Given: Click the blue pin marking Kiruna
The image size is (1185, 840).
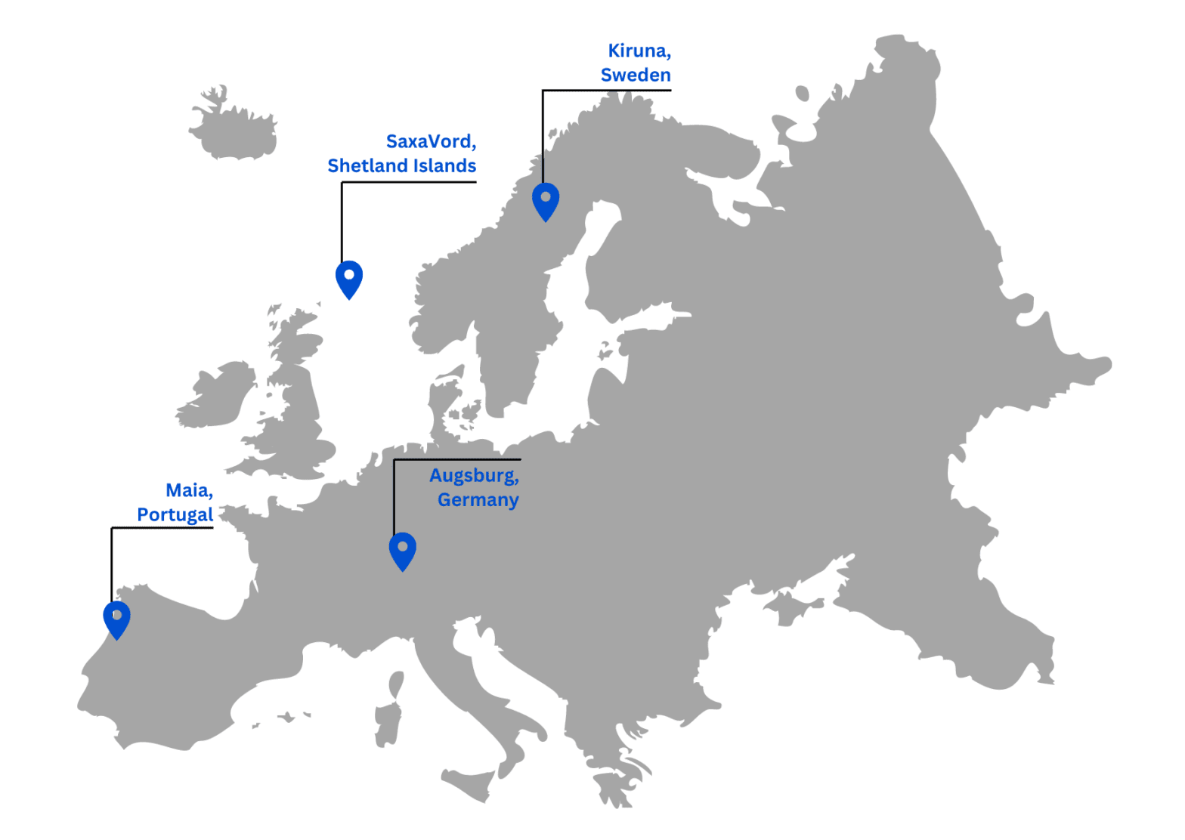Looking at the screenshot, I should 545,199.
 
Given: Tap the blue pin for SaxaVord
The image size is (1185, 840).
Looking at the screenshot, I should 348,277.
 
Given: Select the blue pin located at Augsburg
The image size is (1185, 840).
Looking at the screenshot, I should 402,549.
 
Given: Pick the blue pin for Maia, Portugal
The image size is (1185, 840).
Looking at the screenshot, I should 116,618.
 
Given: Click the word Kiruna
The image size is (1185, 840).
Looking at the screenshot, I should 639,51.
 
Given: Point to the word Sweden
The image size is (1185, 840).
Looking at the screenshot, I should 636,76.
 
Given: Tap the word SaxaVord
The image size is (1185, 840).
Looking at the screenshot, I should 430,141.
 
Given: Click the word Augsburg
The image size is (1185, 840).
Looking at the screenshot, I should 473,476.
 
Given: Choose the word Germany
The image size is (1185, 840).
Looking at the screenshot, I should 478,500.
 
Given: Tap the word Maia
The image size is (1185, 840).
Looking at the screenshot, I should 188,490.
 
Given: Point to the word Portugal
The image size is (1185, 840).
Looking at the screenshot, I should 175,514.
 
